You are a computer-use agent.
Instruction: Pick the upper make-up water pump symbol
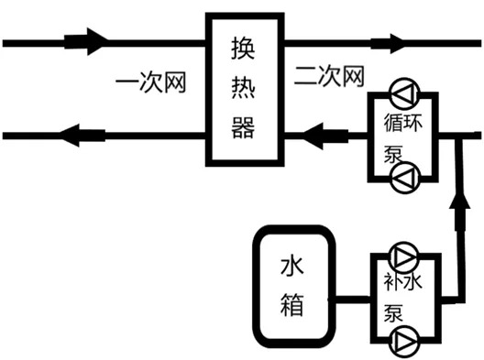click(x=403, y=255)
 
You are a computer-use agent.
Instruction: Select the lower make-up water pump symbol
click(x=403, y=342)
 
